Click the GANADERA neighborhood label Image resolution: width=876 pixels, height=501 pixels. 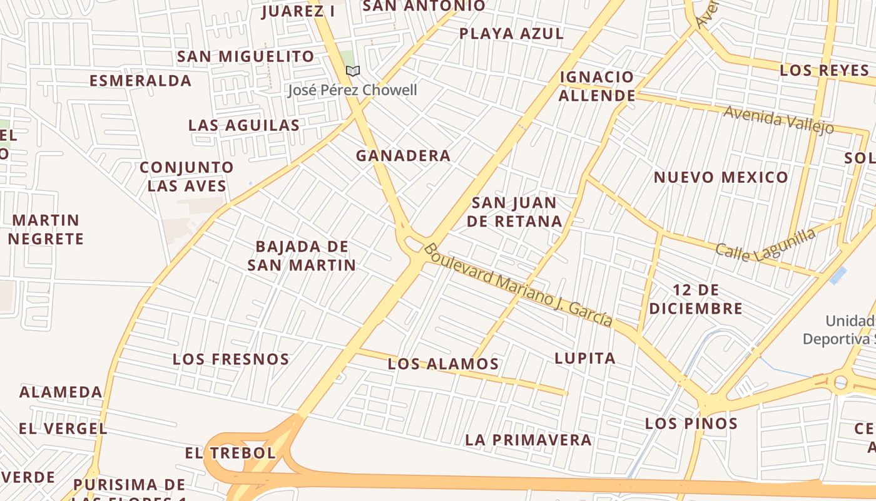[403, 156]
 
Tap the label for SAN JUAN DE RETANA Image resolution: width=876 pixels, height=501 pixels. [514, 212]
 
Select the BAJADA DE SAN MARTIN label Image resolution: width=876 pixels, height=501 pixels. [302, 256]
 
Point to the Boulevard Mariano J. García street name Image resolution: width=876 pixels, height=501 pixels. [517, 284]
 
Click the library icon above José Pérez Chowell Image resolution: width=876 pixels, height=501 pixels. [353, 71]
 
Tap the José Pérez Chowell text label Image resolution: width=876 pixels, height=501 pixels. [352, 90]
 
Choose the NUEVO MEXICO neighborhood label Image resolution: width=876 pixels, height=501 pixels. [721, 177]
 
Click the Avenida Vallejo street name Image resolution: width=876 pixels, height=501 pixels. [778, 119]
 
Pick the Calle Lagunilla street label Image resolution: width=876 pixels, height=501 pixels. [766, 245]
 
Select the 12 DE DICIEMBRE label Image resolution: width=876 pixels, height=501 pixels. [696, 299]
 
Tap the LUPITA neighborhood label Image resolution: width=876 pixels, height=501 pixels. [585, 358]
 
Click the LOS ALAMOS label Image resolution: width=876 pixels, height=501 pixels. [443, 364]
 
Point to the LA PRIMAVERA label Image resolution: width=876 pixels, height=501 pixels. [528, 440]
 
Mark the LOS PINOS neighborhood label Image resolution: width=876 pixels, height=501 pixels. [691, 423]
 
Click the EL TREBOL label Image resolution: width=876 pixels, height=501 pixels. [230, 453]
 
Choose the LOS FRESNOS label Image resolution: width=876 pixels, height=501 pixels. [231, 359]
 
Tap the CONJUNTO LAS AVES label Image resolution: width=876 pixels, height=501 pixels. [186, 177]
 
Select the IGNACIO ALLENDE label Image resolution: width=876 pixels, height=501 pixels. [597, 86]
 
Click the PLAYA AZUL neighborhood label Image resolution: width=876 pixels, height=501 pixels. [511, 34]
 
